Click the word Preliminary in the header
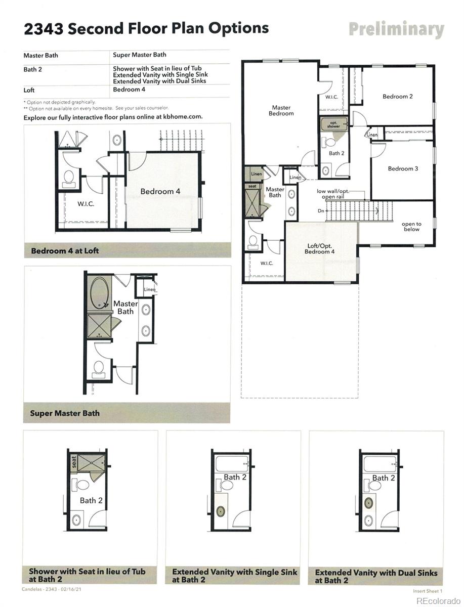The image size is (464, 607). [396, 29]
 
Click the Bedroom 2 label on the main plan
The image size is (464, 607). [397, 96]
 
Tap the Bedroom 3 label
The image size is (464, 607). [403, 168]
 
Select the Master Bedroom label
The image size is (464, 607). [281, 110]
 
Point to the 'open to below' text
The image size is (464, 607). [411, 226]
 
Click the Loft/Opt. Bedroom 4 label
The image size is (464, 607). [320, 249]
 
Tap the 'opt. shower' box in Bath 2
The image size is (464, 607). [333, 124]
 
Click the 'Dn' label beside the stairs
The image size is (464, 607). [321, 211]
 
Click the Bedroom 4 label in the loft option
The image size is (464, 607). [160, 191]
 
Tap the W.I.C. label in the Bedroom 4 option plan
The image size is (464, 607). [86, 204]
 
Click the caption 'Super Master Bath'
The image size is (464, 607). [65, 413]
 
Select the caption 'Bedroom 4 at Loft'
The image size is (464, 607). [65, 250]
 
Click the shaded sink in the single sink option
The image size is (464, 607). [220, 511]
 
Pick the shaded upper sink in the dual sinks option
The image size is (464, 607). [369, 503]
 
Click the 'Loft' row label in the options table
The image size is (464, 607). [29, 90]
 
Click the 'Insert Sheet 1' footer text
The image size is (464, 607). [428, 591]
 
